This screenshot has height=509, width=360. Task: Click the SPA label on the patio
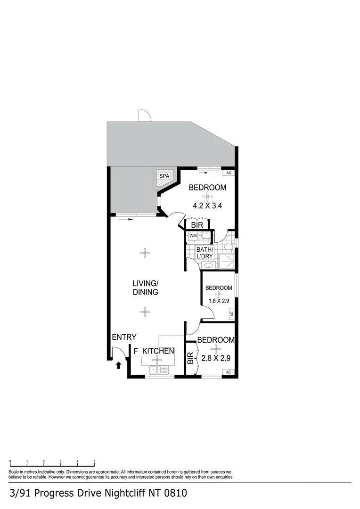click(x=164, y=176)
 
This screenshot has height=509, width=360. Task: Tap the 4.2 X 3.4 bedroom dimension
click(x=207, y=205)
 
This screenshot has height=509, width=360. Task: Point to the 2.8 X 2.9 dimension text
click(x=215, y=358)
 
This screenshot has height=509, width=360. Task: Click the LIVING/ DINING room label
click(x=145, y=287)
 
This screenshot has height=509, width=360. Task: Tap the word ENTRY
click(x=124, y=337)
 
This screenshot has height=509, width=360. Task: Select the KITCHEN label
click(x=158, y=351)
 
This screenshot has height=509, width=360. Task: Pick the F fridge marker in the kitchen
click(x=136, y=351)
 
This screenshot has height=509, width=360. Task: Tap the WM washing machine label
click(x=193, y=236)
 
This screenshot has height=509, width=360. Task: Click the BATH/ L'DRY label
click(x=205, y=253)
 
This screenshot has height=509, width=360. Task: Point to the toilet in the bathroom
click(x=228, y=246)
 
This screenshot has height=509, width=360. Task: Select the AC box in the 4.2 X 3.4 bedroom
click(x=229, y=173)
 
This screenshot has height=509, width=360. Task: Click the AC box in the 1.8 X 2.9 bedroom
click(x=231, y=314)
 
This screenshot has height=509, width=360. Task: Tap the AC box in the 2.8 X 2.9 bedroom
click(x=229, y=372)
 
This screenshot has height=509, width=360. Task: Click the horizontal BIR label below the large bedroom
click(x=197, y=225)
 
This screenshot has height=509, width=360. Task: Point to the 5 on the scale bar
click(x=94, y=461)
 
